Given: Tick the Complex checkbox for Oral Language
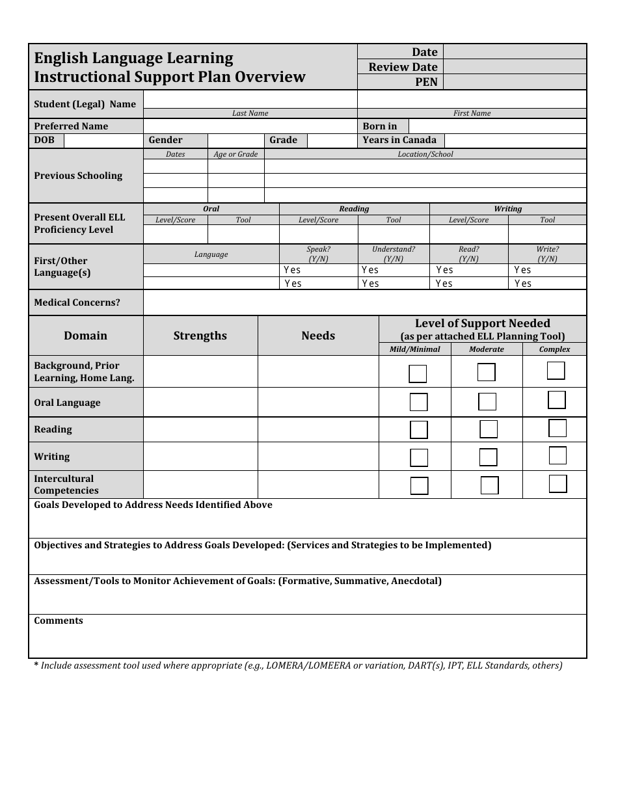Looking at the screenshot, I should pos(557,400).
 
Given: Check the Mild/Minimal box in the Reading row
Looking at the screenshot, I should pos(419,430).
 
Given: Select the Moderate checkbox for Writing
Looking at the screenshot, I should pos(489,457).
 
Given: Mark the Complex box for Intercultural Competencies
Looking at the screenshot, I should pos(558,484).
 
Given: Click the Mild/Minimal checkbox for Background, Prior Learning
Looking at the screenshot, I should pos(418,374).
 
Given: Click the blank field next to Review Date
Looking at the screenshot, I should pos(515,67).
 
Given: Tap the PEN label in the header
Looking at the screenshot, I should pos(426,82).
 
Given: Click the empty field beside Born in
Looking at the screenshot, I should pos(497,126).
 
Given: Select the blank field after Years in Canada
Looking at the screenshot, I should pos(515,140).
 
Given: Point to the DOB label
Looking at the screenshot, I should pos(44,140).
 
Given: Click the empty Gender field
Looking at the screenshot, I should pos(235,140).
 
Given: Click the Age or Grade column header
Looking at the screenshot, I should pos(235,154).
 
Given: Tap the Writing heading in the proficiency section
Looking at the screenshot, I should pos(507,209).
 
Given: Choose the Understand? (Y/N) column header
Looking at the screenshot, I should pos(393,254).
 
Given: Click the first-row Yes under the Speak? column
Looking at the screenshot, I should pos(292,270).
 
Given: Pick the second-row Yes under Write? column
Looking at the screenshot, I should pos(523,284).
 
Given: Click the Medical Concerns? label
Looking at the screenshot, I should pos(77,302).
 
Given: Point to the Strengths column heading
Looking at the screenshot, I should pos(200,336).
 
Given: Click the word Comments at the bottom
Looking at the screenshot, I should pos(59,620).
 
